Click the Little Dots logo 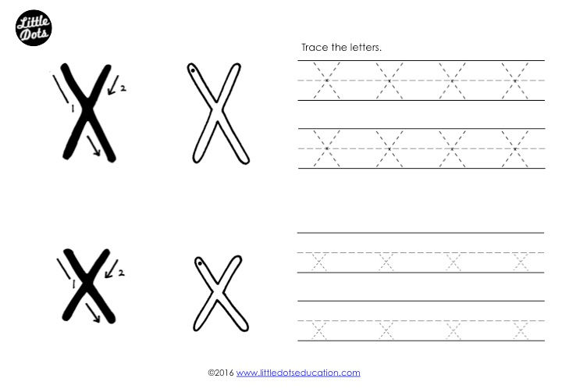pyautogui.click(x=34, y=28)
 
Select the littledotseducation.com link pyautogui.click(x=298, y=373)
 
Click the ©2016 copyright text pyautogui.click(x=221, y=373)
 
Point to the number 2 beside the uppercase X pyautogui.click(x=123, y=87)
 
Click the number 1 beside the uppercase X pyautogui.click(x=73, y=108)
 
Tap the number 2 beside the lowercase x pyautogui.click(x=122, y=273)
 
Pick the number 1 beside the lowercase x pyautogui.click(x=73, y=284)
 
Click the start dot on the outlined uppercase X pyautogui.click(x=193, y=70)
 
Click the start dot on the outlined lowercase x pyautogui.click(x=200, y=263)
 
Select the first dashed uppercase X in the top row pyautogui.click(x=326, y=80)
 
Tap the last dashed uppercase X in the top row pyautogui.click(x=515, y=80)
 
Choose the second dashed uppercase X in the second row pyautogui.click(x=389, y=148)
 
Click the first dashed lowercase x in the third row pyautogui.click(x=319, y=262)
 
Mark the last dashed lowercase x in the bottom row pyautogui.click(x=521, y=330)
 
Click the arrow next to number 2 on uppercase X pyautogui.click(x=113, y=85)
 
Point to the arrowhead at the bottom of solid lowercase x pyautogui.click(x=97, y=319)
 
